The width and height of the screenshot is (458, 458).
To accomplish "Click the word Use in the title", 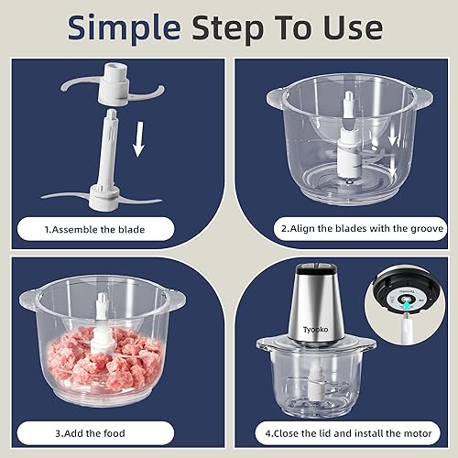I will click(349, 28).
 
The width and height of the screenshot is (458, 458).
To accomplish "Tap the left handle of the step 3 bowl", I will click(27, 295).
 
